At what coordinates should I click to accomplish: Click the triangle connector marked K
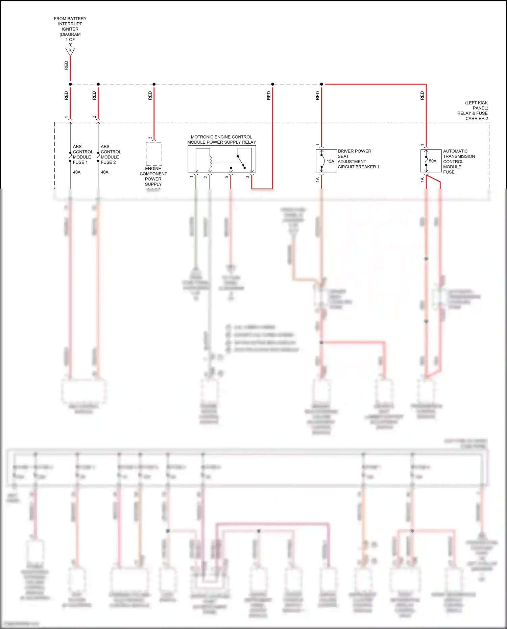click(70, 51)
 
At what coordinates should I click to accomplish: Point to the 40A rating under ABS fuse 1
click(77, 172)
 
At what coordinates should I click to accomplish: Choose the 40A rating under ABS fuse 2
click(104, 172)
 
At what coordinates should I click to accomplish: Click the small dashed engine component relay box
click(154, 154)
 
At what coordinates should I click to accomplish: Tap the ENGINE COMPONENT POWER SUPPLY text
click(153, 176)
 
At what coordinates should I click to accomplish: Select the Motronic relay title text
click(221, 140)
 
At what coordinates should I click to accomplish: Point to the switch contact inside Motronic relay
click(241, 162)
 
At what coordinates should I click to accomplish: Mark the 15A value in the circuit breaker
click(330, 161)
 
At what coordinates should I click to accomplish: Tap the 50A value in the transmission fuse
click(432, 161)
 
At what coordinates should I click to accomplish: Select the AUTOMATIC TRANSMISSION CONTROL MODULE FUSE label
click(459, 162)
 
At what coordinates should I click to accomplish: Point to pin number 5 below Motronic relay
click(226, 177)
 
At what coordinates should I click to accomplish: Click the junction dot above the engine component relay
click(154, 84)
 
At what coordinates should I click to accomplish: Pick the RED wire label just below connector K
click(66, 65)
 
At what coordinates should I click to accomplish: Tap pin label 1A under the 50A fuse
click(422, 180)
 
